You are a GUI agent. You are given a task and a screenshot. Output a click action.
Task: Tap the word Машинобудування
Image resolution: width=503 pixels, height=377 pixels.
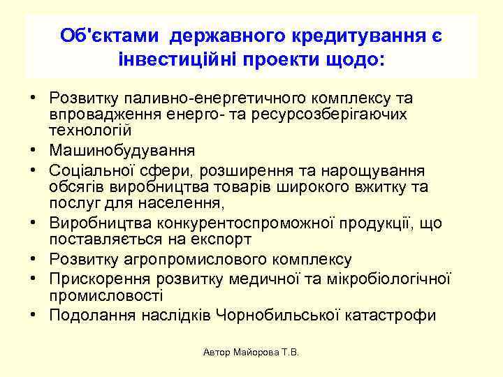tap(122, 150)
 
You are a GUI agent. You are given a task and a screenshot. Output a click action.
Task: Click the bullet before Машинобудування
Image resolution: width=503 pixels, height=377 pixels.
tap(34, 150)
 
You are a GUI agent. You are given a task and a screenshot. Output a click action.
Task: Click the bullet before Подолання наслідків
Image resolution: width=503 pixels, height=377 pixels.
tap(34, 316)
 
